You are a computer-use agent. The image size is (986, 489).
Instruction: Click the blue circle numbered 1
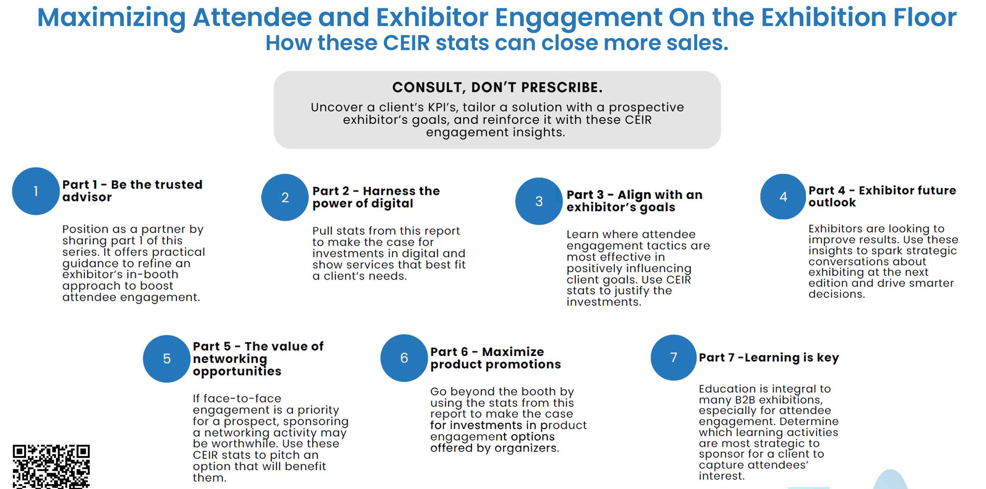36,191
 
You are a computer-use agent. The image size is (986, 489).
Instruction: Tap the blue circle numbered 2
285,197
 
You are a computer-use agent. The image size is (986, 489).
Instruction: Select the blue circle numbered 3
539,201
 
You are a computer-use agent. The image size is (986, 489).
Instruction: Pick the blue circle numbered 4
783,196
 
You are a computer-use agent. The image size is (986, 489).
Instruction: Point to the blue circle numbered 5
167,358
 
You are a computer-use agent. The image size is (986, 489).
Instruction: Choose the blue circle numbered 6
404,358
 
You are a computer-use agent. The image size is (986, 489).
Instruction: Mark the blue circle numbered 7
673,357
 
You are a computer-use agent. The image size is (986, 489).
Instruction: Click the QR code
51,466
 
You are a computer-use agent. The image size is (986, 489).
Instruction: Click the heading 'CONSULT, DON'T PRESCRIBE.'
497,87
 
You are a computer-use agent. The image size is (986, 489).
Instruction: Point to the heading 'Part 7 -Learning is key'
769,357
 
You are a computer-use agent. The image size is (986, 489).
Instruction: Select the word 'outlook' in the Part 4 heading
832,203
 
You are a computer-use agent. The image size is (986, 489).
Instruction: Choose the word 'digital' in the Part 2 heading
392,204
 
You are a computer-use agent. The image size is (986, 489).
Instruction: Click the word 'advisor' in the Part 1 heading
87,197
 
